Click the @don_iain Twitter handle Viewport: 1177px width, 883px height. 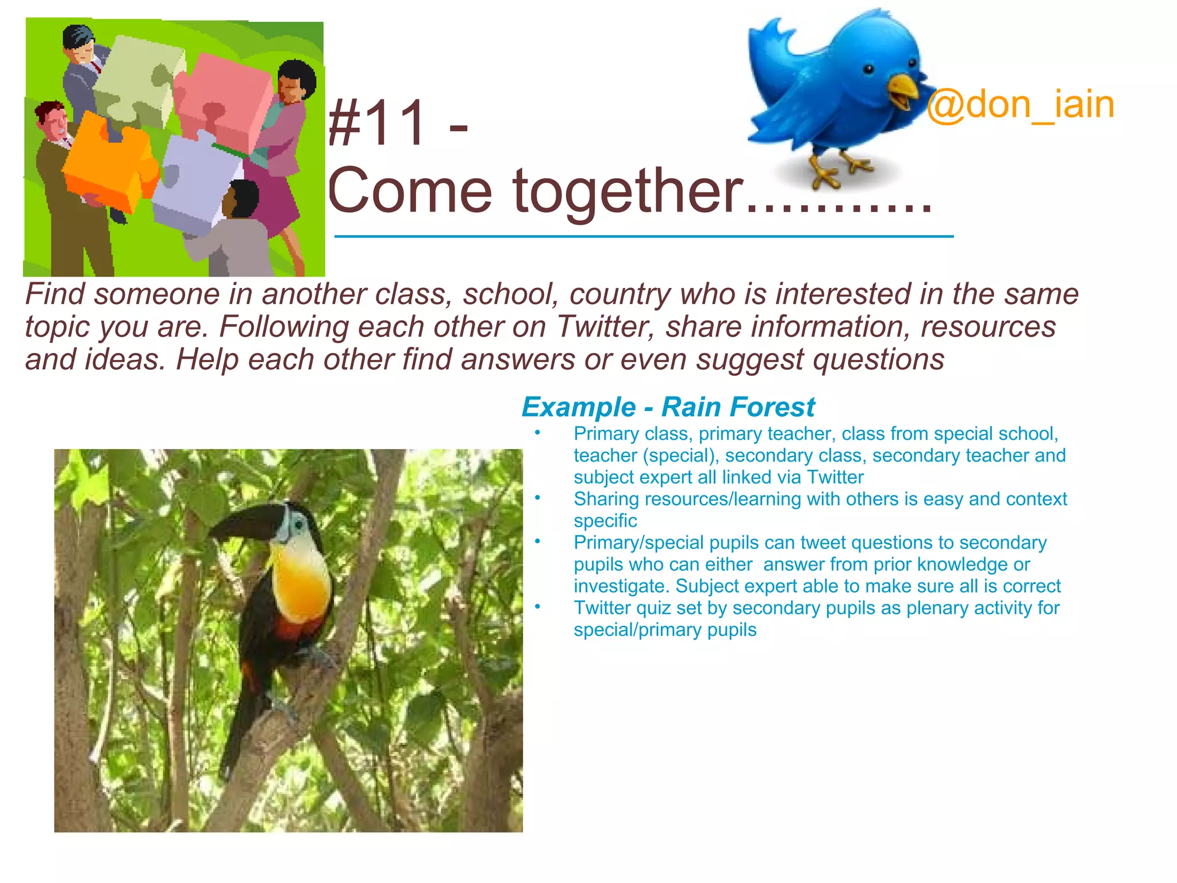pyautogui.click(x=1020, y=105)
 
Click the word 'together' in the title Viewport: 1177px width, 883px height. pyautogui.click(x=626, y=191)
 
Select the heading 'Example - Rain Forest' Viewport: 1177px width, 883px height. pyautogui.click(x=668, y=407)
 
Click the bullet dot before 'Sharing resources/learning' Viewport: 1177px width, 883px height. pyautogui.click(x=537, y=498)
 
